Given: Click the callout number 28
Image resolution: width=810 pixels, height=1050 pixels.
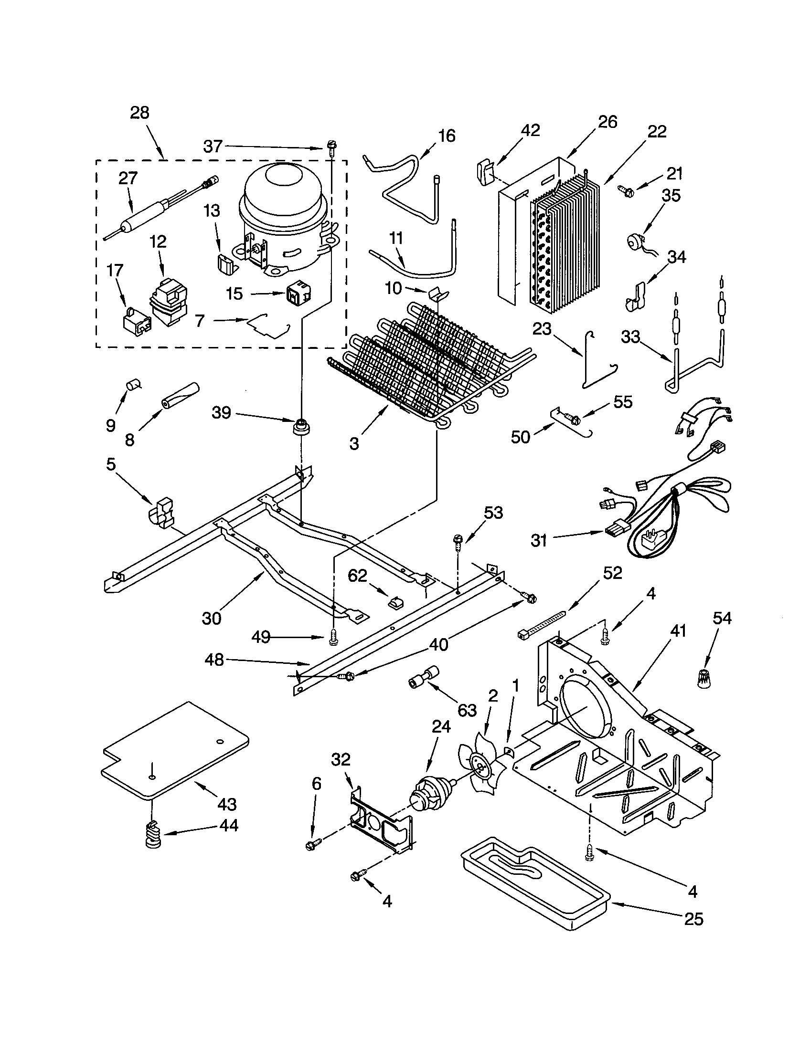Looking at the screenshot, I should [x=139, y=113].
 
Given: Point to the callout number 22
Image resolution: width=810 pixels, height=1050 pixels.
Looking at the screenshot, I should [x=657, y=131].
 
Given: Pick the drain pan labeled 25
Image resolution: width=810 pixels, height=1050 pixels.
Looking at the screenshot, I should [x=534, y=885].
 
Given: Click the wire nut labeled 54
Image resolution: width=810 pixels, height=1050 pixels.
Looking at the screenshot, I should [x=703, y=679].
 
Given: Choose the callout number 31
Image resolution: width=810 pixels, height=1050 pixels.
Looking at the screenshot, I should [x=539, y=541].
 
